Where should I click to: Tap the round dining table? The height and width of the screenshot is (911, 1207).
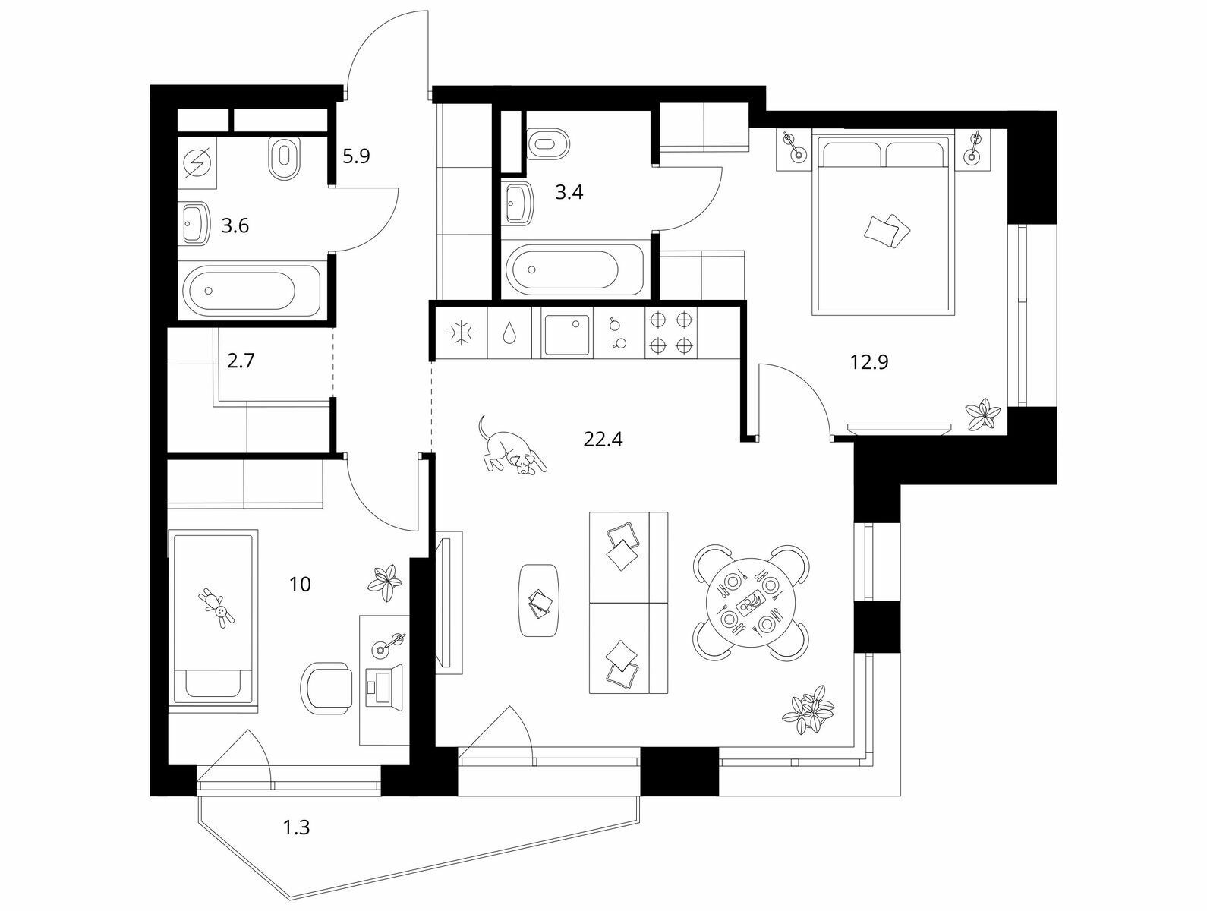click(751, 603)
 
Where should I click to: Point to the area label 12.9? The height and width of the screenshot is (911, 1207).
click(869, 362)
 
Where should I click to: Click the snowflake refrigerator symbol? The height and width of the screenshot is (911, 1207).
click(461, 333)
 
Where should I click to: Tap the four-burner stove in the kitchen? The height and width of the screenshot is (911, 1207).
click(670, 332)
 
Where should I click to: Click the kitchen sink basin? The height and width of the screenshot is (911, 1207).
click(566, 333)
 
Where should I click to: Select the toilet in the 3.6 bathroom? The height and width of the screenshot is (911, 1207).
click(285, 158)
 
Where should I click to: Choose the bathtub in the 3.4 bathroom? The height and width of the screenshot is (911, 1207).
click(574, 270)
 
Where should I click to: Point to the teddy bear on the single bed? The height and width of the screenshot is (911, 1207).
click(217, 608)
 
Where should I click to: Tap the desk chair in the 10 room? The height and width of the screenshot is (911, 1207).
click(326, 688)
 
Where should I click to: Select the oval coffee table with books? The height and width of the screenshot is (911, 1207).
click(540, 601)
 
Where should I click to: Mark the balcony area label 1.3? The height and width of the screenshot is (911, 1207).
click(296, 842)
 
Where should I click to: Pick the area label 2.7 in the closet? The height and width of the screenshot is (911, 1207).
click(241, 361)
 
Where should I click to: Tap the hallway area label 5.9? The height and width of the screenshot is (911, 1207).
click(356, 156)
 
